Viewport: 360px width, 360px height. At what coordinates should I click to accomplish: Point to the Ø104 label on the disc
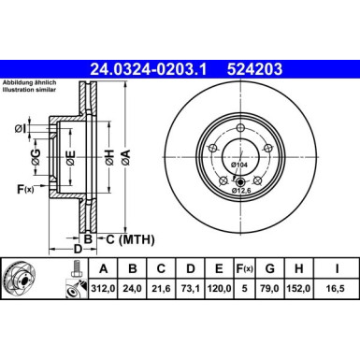coord(239,165)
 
